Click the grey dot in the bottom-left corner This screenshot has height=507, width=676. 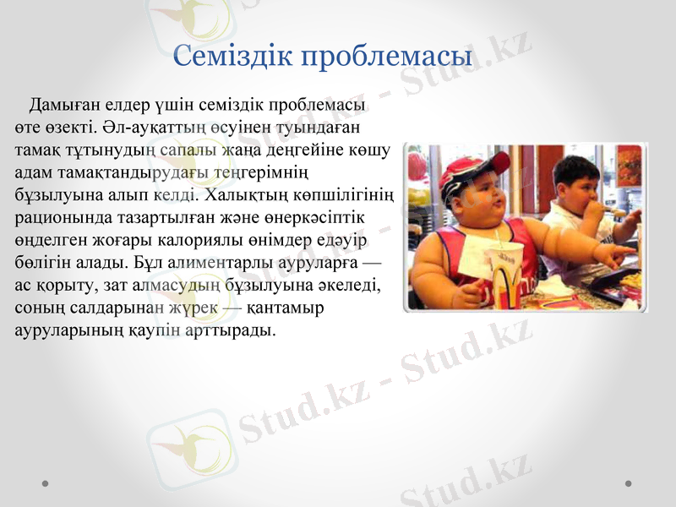[x=45, y=483]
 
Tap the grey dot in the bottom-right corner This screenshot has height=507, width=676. [x=628, y=483]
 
